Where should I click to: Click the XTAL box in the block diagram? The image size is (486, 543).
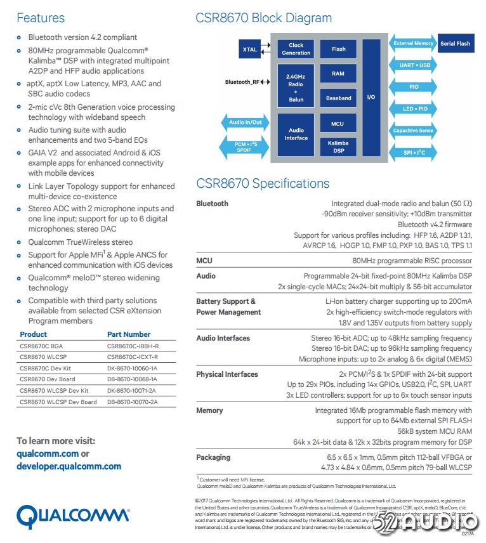(x=250, y=49)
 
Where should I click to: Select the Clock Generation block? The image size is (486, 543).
(x=296, y=49)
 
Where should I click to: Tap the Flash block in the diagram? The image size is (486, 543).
(x=338, y=49)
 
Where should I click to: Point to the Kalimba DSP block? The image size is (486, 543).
(x=338, y=147)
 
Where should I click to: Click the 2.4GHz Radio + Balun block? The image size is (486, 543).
(x=296, y=88)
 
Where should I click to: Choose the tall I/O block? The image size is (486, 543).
(x=371, y=97)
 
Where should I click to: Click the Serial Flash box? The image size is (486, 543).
(x=455, y=44)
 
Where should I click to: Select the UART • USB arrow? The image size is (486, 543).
(x=414, y=65)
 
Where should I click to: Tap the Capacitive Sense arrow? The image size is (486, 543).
(x=413, y=131)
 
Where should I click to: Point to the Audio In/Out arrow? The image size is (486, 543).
(x=245, y=122)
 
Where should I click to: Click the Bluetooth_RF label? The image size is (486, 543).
(x=242, y=82)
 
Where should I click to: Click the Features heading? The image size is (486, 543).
(x=40, y=18)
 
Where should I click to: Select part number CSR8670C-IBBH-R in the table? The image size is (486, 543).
(x=133, y=346)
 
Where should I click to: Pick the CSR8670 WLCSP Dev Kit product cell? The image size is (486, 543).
(x=54, y=391)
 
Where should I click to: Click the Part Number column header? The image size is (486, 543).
(x=129, y=334)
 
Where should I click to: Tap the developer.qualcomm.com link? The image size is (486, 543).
(x=69, y=466)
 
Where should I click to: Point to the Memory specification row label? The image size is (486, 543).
(x=209, y=410)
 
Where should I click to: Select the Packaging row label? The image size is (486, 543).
(x=213, y=457)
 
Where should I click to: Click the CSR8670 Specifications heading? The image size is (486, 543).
(x=262, y=183)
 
